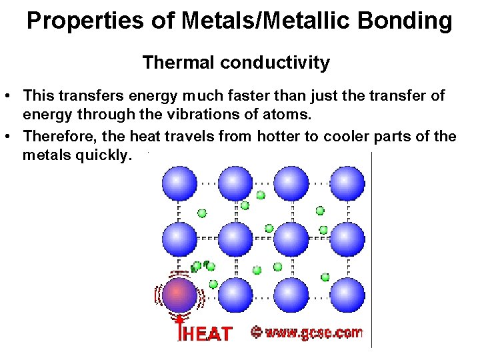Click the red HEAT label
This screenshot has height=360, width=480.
tap(207, 334)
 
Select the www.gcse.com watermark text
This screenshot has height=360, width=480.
tap(313, 332)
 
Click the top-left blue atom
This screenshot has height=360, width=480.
tap(180, 183)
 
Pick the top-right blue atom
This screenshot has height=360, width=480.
tap(347, 183)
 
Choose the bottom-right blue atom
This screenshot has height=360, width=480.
tap(347, 295)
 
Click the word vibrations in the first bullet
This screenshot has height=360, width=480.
tap(217, 114)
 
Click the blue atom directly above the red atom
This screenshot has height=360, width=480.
tap(180, 239)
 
